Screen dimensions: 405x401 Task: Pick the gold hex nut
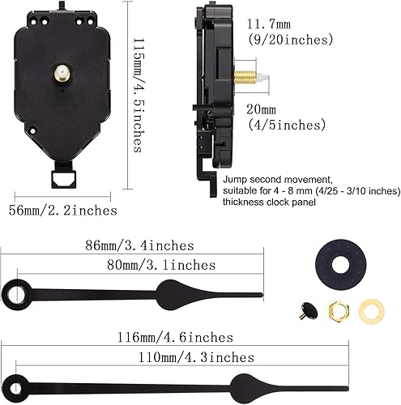tap(339, 308)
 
